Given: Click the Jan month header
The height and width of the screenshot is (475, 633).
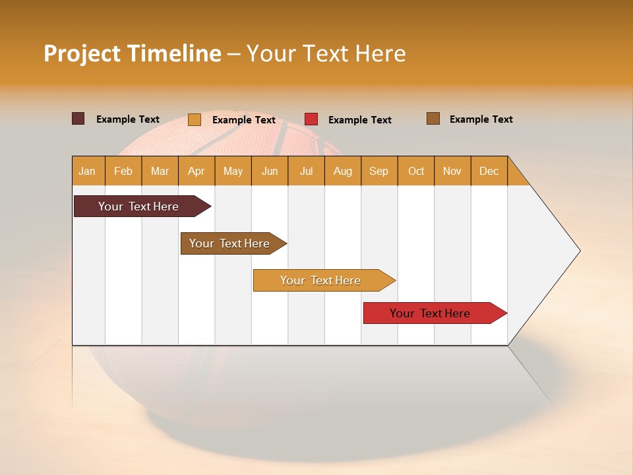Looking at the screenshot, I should [88, 171].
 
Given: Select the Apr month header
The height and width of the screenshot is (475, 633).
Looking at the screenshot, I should [196, 171].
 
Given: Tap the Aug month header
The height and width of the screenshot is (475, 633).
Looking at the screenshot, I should [343, 171].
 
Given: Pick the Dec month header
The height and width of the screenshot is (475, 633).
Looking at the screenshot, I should [489, 171].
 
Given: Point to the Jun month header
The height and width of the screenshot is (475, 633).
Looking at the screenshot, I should [270, 171].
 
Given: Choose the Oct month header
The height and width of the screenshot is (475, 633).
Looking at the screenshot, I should [416, 171].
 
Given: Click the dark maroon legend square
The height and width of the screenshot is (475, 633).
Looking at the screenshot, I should [78, 119].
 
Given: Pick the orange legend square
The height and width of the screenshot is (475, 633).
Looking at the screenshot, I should [194, 119].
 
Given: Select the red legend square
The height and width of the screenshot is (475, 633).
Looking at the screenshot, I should [311, 119].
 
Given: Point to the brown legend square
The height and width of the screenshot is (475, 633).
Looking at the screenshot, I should [433, 119].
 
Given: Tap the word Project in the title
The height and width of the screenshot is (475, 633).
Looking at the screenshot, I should [81, 53].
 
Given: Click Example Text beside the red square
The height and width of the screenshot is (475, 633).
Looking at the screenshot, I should [359, 120].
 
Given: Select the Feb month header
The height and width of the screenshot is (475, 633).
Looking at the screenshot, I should [123, 171].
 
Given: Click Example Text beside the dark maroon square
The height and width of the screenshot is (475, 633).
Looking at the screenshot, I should [127, 119].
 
